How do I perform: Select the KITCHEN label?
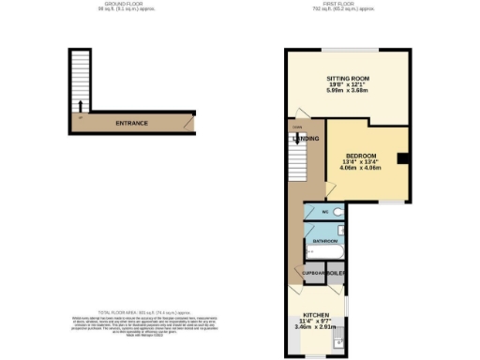point(315,316)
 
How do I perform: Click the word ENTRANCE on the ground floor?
point(132,123)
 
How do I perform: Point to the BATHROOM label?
point(324,241)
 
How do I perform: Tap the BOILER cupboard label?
point(336,273)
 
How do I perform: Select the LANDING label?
point(306,139)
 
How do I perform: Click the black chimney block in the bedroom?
point(402,159)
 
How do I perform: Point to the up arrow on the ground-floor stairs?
point(81,104)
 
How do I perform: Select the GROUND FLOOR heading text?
point(128,4)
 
